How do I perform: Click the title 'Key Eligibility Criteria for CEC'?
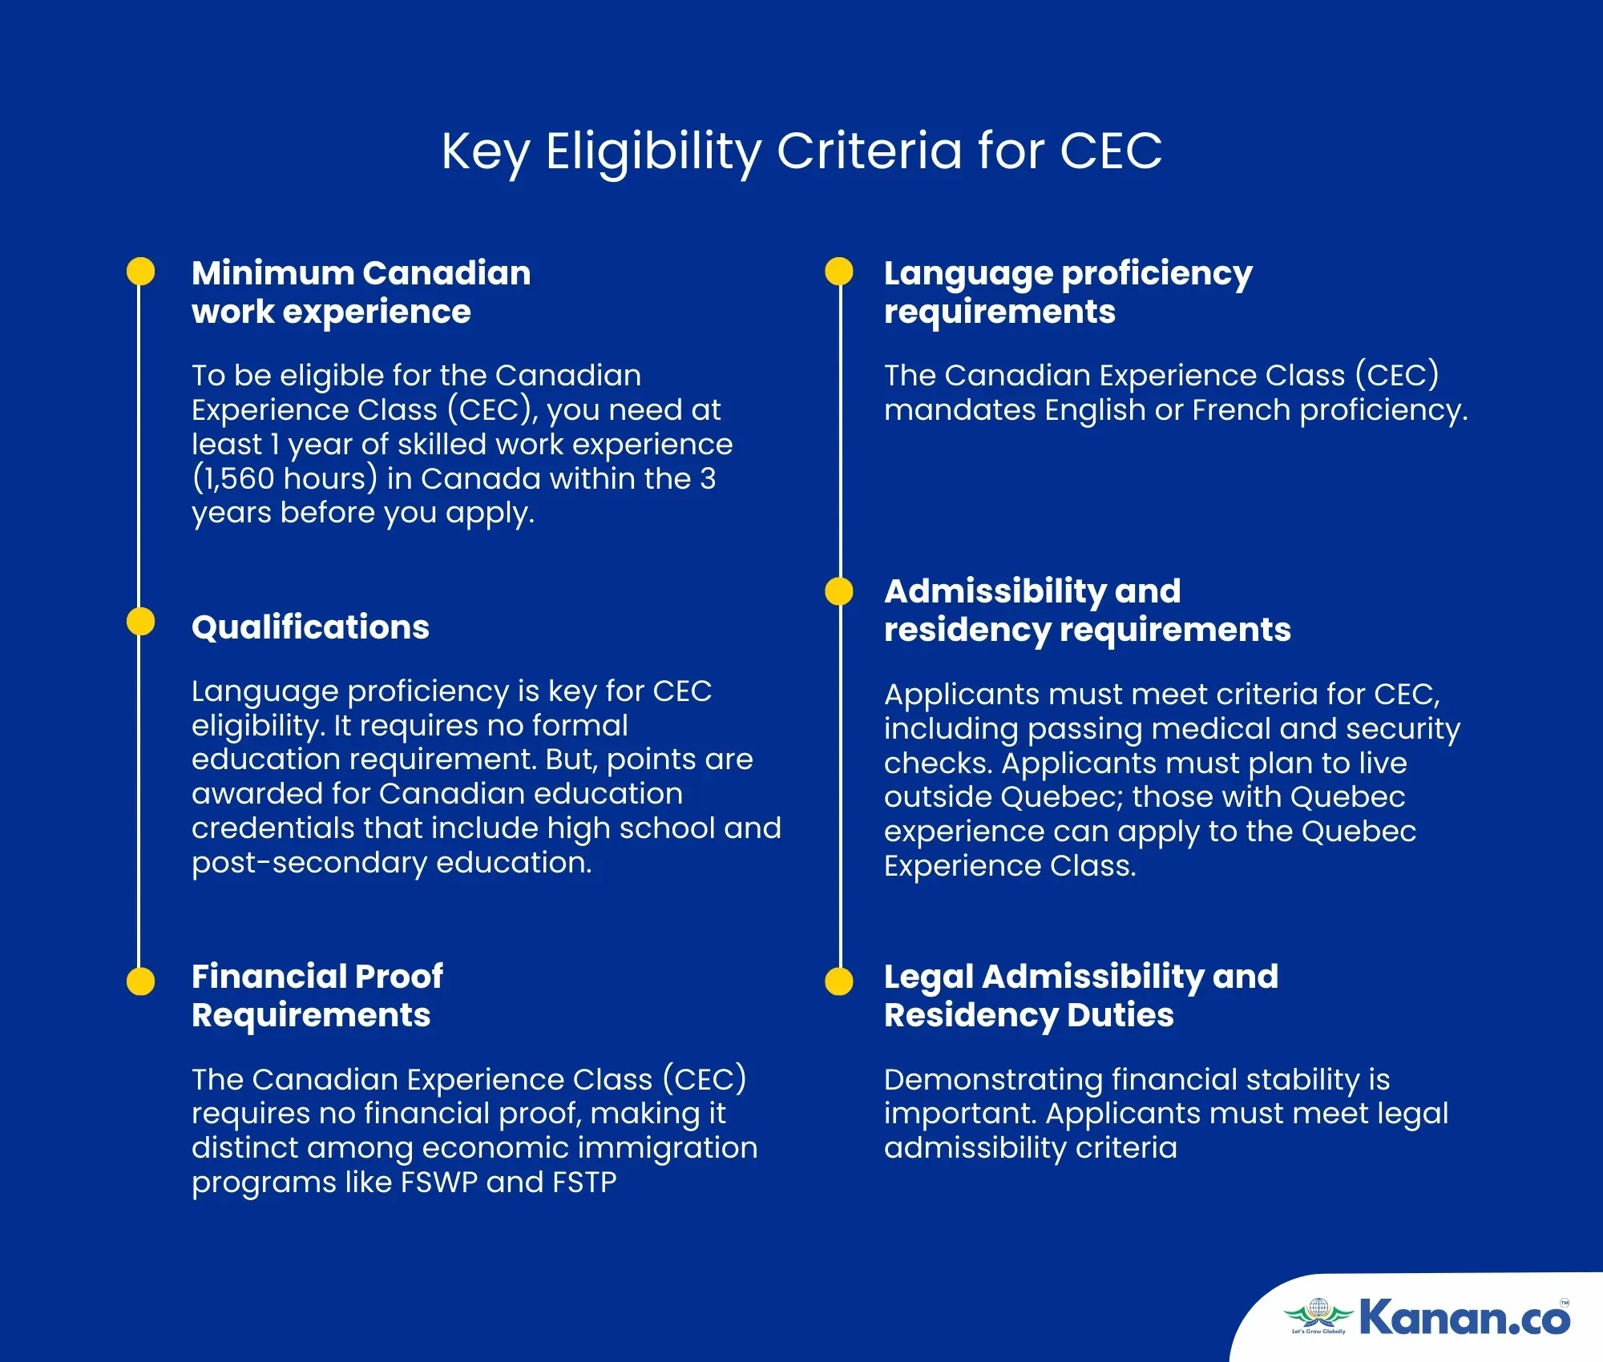click(x=801, y=151)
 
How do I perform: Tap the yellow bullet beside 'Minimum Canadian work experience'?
click(x=140, y=271)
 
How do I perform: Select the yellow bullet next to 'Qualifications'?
click(x=140, y=622)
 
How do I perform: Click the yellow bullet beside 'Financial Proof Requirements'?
click(x=140, y=981)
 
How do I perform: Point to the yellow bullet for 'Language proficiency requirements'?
click(x=839, y=271)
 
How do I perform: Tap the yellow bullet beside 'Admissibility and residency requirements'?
click(x=839, y=591)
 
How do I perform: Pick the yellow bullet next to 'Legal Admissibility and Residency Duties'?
click(x=839, y=981)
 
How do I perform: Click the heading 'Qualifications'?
click(x=310, y=627)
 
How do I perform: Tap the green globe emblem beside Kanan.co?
click(x=1318, y=1315)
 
